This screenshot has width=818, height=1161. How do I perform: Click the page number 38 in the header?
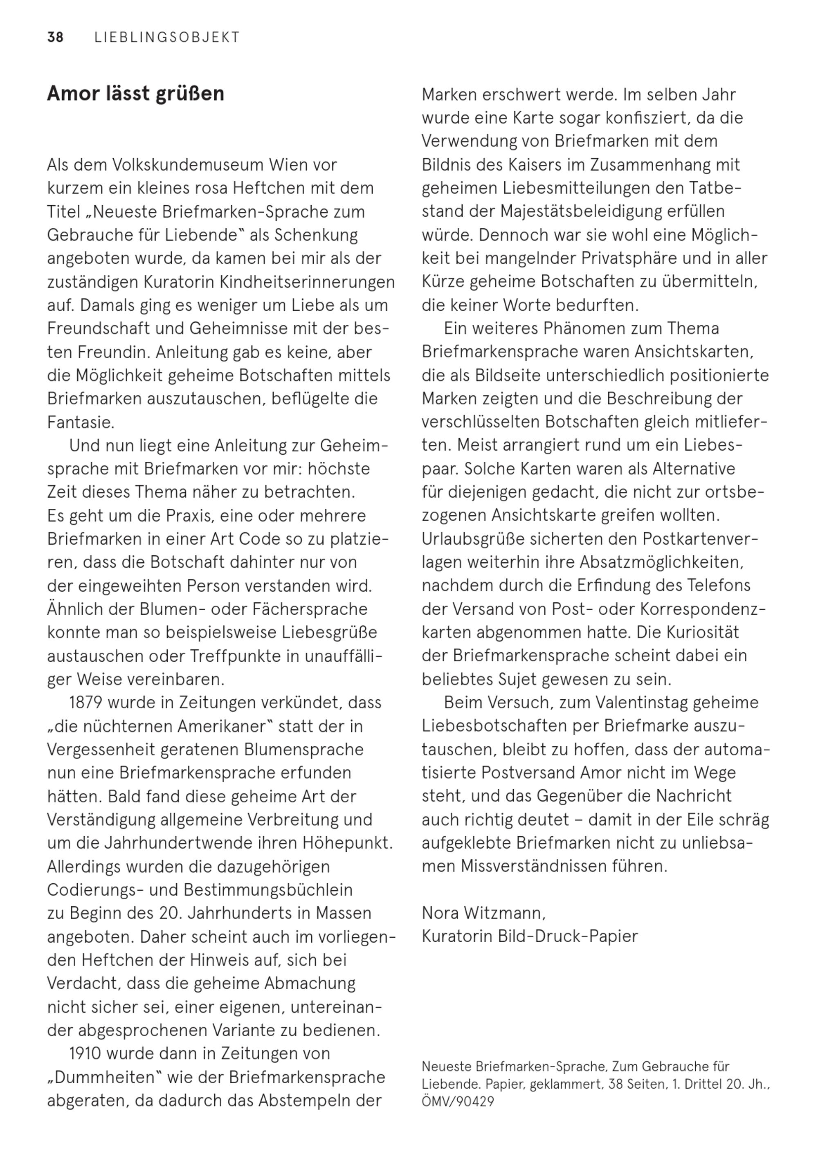(x=55, y=38)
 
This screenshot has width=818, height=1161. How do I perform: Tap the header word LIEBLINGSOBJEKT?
(x=167, y=38)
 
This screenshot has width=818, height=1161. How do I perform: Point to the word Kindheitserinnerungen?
(x=307, y=282)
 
